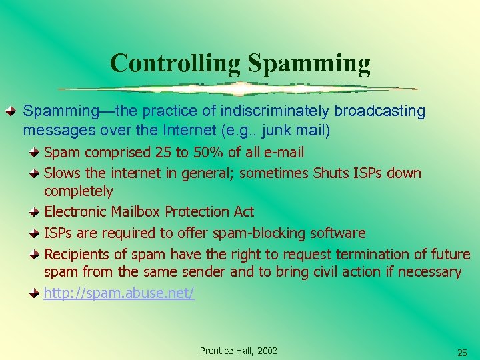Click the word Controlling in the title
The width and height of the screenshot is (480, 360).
click(175, 63)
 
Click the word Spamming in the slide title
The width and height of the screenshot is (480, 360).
click(309, 63)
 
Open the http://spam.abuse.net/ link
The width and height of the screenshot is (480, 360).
click(119, 293)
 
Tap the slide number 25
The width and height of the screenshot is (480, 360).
click(461, 352)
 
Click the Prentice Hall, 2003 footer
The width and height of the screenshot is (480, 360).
click(239, 351)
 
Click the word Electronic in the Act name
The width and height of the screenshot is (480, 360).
click(76, 211)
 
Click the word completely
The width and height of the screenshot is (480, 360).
click(79, 191)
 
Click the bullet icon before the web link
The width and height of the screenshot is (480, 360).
click(34, 293)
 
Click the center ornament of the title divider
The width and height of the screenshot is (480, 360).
click(239, 89)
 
